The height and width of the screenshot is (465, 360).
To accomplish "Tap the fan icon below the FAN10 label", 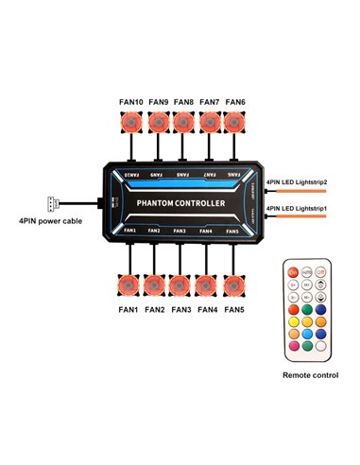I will click(x=131, y=122).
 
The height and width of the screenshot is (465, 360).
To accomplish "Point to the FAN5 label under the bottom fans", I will click(x=231, y=309).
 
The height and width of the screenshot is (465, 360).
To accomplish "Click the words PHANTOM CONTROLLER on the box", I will click(x=180, y=201).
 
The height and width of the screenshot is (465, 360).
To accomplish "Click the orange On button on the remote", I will click(x=293, y=272).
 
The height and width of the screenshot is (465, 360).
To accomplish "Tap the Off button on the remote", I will click(x=321, y=272).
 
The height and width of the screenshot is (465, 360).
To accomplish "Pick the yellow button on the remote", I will click(x=293, y=321).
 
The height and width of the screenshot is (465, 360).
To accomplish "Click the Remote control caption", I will click(x=309, y=375).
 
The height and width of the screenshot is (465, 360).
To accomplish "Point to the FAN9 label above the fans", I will click(x=157, y=102).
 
